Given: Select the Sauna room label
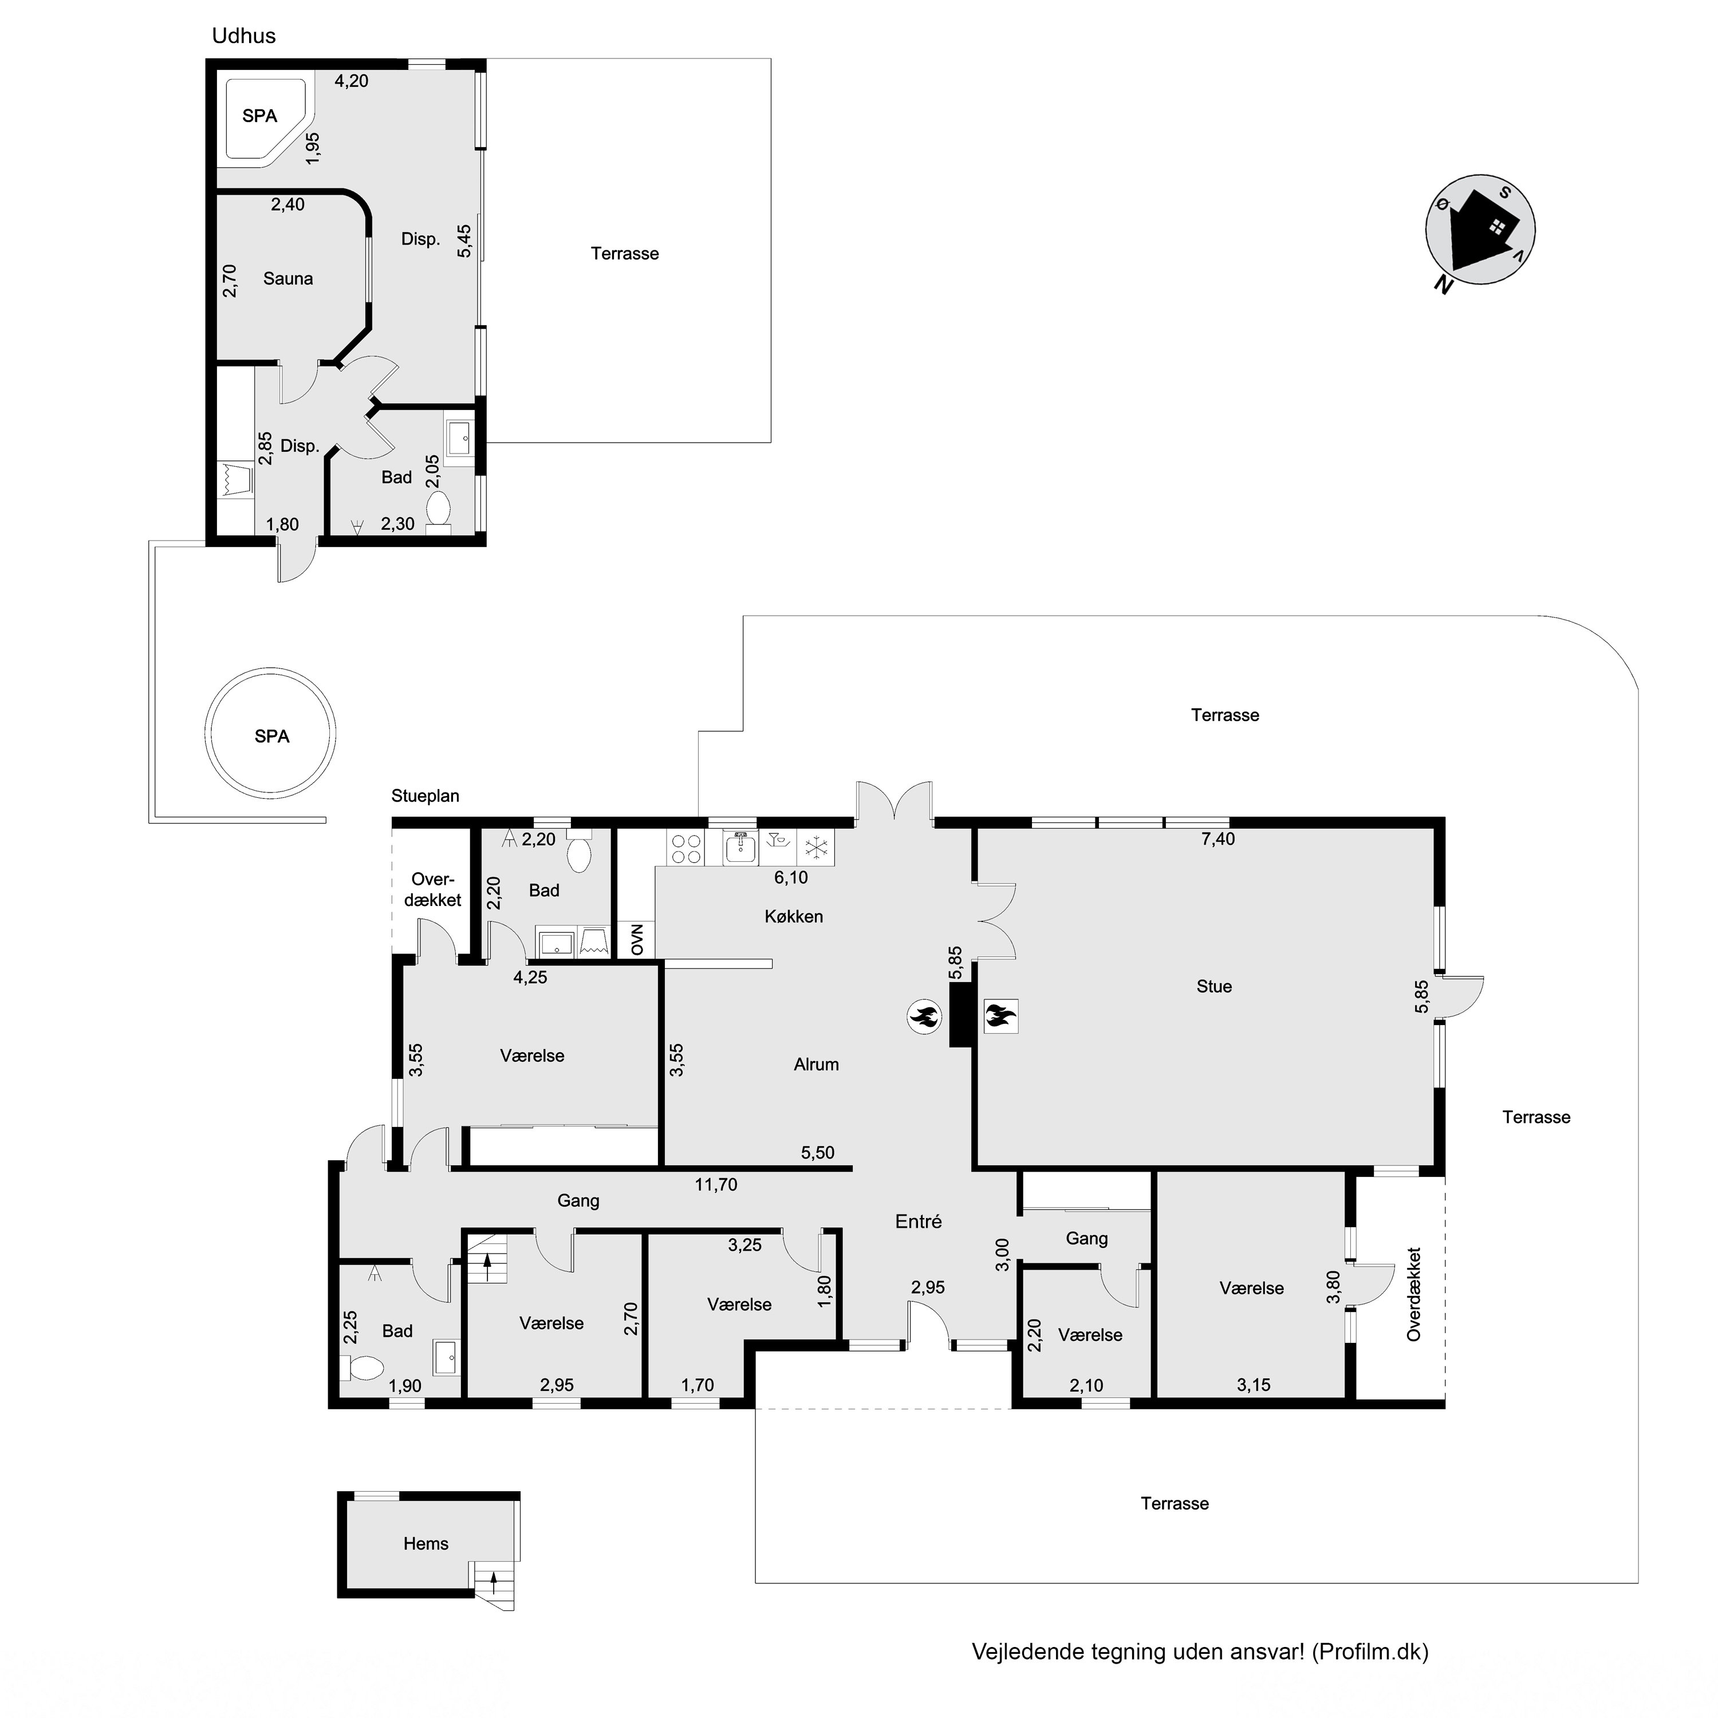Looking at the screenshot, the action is pos(288,278).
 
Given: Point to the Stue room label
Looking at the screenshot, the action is pos(1214,986).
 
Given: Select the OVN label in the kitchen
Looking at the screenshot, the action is pos(637,939).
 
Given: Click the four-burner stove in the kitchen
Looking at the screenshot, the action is pos(685,848).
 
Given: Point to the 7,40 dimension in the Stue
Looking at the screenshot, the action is pos(1218,838).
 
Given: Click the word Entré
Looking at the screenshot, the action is pos(919,1222).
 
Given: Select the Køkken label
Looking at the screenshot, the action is pos(794,916).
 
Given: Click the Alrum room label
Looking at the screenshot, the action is pos(816,1065).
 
